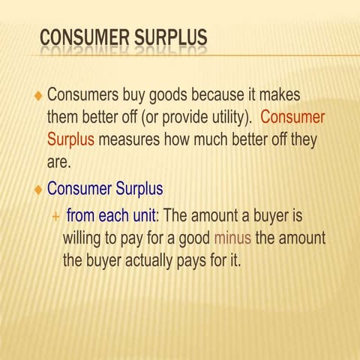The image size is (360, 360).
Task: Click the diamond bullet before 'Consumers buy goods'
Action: [38, 97]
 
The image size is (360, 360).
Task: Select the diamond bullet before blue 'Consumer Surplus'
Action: [38, 190]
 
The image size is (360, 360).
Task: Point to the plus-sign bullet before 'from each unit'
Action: [55, 217]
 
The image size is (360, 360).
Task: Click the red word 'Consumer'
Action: [292, 118]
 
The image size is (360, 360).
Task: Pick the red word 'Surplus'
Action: [70, 139]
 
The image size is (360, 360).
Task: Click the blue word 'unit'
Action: [142, 216]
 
